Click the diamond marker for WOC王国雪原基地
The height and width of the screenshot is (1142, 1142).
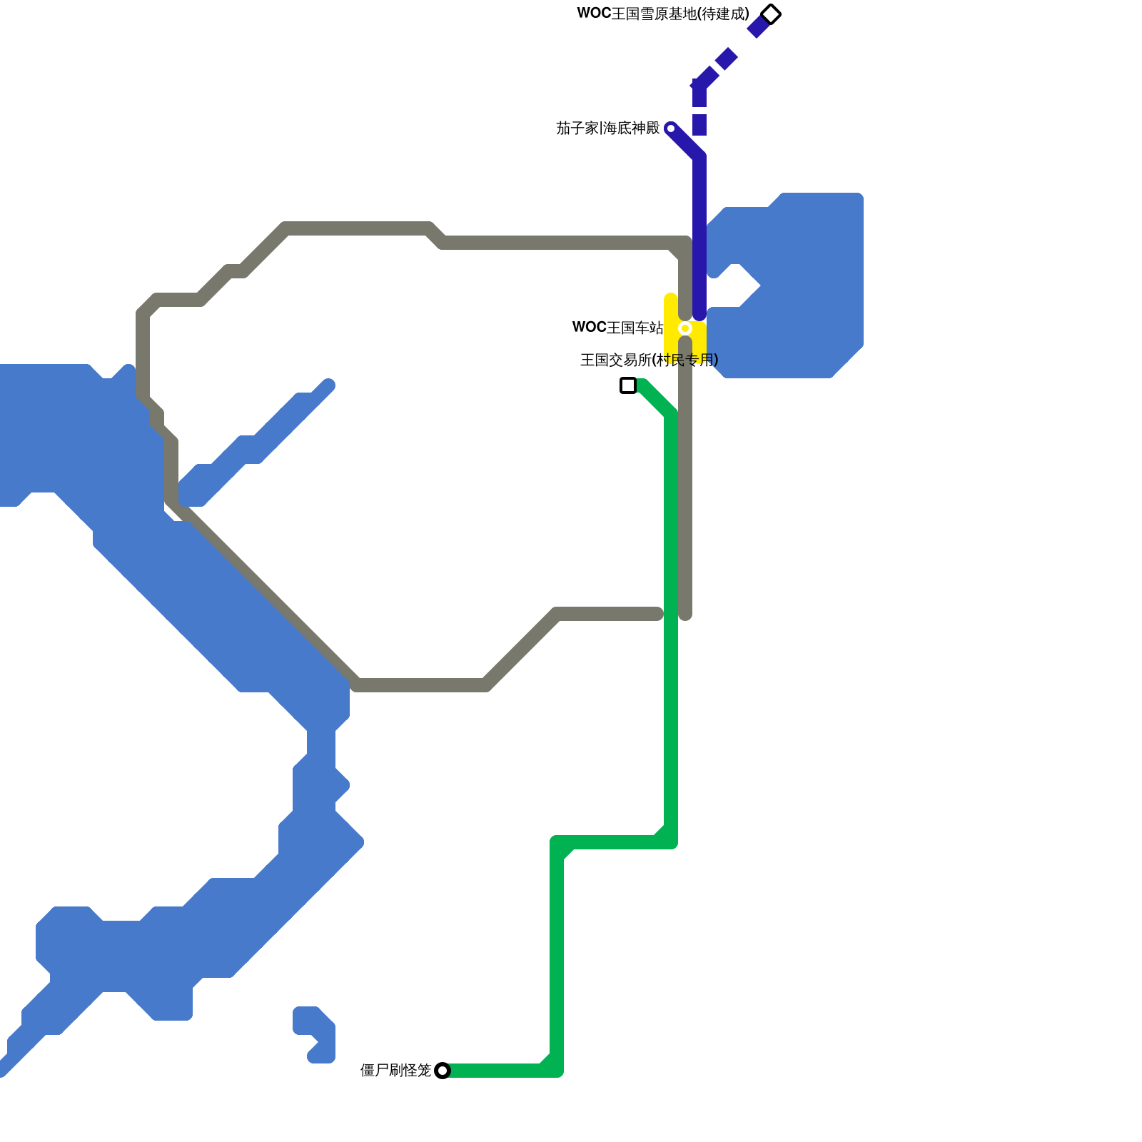click(771, 14)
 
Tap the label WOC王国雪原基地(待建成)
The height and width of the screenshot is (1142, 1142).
click(663, 14)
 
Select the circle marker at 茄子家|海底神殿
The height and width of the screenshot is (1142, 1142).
click(670, 128)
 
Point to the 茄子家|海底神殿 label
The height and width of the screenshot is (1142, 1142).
click(608, 128)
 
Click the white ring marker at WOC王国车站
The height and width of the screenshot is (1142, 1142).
click(685, 328)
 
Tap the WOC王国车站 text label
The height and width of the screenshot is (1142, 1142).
click(618, 328)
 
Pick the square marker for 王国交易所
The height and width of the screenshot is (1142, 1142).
click(628, 385)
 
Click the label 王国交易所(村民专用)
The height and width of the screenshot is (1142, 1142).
click(649, 360)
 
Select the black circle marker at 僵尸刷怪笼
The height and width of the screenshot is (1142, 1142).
click(443, 1070)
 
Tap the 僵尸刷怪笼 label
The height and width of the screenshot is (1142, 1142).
click(395, 1070)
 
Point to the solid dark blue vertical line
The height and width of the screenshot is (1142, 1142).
click(699, 236)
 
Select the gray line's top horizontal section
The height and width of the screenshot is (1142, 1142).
click(557, 243)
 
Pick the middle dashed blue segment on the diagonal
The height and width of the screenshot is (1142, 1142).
click(726, 59)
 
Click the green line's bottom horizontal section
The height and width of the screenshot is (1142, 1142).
click(500, 1070)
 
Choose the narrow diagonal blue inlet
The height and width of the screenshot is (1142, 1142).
click(257, 443)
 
